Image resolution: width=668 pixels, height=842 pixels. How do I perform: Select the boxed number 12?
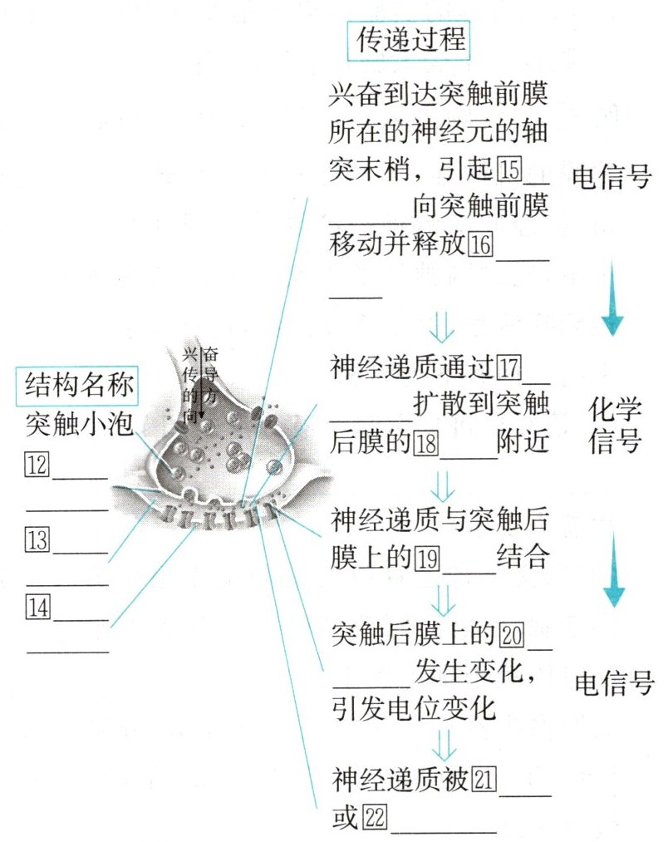tap(39, 465)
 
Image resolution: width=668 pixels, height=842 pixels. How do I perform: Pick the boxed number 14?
tap(39, 607)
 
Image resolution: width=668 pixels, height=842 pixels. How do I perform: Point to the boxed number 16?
tap(481, 244)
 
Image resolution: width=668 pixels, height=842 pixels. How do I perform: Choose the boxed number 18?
tap(426, 441)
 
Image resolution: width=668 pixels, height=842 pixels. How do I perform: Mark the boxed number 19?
tap(426, 556)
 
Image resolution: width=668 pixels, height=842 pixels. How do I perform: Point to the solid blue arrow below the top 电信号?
tap(613, 298)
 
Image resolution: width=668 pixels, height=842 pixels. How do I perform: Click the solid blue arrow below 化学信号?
tap(613, 570)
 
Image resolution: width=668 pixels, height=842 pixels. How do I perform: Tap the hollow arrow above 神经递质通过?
tap(446, 327)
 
